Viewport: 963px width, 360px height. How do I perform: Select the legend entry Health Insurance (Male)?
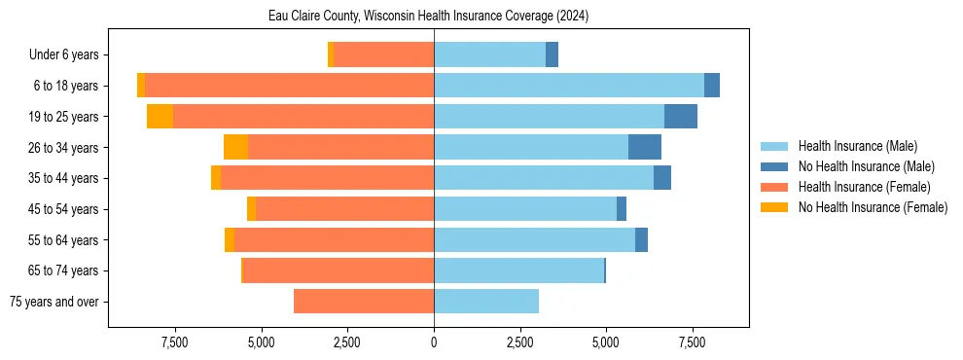[x=857, y=146]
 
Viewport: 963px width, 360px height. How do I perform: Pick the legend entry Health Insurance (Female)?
[x=864, y=187]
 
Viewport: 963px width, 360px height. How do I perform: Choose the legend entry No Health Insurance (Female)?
[x=873, y=207]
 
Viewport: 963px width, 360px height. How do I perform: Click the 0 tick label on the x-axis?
[x=434, y=342]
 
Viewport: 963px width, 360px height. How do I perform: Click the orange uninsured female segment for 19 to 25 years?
[x=160, y=117]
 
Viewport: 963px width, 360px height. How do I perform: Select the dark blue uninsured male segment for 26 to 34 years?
[x=645, y=147]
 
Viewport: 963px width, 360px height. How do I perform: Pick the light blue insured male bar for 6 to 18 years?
[x=569, y=86]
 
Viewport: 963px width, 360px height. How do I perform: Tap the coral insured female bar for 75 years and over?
[x=364, y=302]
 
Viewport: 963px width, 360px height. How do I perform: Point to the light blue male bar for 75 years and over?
[x=486, y=302]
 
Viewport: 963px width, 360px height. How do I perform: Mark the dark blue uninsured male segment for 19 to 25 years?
[x=681, y=117]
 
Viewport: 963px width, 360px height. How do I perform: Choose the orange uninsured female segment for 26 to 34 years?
[x=235, y=147]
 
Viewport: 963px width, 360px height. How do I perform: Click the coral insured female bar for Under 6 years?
[x=384, y=55]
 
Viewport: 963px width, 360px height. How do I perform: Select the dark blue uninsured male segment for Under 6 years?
[x=552, y=55]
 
